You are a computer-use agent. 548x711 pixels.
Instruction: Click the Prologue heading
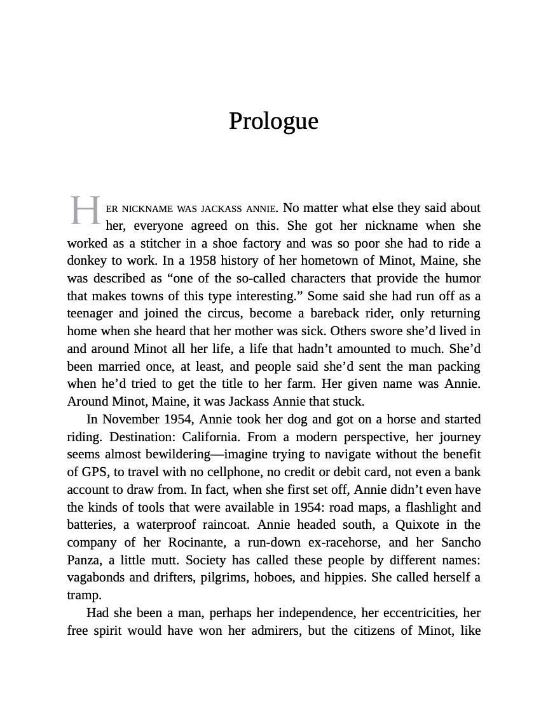[273, 121]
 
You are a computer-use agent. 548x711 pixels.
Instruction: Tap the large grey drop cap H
[85, 211]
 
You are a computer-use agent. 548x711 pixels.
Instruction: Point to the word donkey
[86, 261]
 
